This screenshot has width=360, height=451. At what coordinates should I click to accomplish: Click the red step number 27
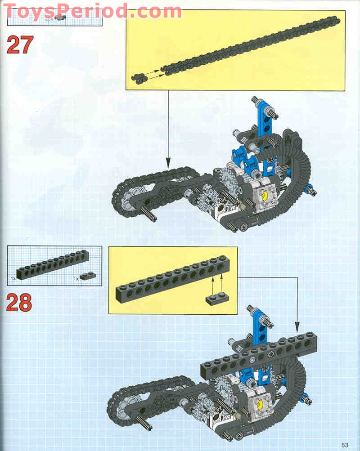20,45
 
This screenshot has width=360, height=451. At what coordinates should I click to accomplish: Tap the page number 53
345,445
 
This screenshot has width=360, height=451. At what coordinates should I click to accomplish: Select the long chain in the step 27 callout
252,45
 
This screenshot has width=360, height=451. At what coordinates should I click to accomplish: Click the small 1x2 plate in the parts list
88,275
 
